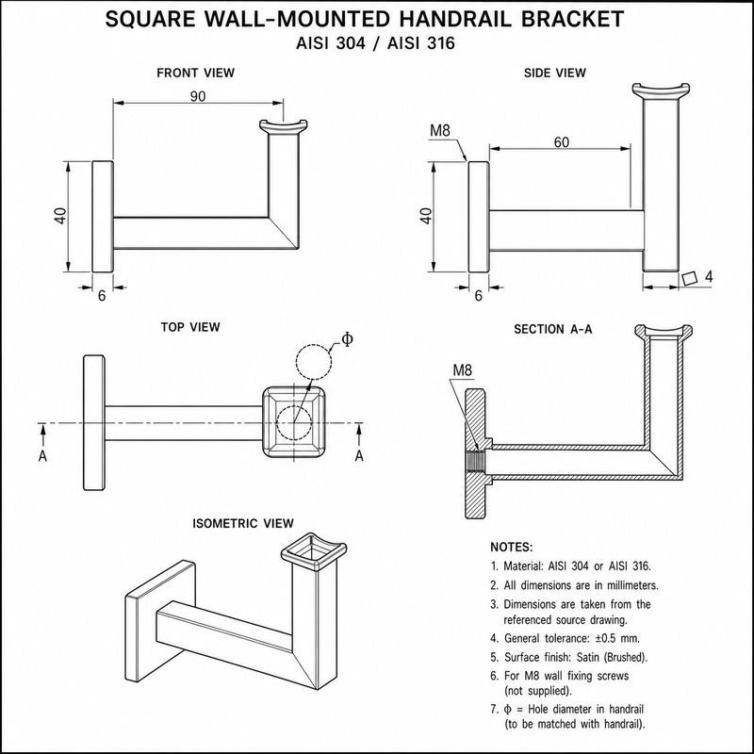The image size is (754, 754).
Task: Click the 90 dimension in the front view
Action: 198,97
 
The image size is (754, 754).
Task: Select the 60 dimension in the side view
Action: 561,142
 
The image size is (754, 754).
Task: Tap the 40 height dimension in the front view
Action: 60,216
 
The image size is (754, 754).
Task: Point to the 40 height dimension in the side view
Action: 426,216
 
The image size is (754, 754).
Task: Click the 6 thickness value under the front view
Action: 102,296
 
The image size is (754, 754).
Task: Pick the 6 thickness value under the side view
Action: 478,296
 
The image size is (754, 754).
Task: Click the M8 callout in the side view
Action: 440,130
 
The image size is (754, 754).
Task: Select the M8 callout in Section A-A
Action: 463,369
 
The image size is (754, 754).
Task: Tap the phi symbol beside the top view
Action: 347,339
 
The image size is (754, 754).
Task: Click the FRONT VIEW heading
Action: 196,74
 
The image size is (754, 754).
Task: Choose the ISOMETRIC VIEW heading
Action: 243,523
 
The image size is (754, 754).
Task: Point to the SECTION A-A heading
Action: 553,329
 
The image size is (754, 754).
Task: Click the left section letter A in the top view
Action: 42,456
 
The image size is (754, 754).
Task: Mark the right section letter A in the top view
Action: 359,456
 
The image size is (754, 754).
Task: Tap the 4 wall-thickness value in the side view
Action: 709,276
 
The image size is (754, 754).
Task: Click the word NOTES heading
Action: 512,548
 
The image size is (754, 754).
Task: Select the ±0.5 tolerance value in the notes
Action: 610,639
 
